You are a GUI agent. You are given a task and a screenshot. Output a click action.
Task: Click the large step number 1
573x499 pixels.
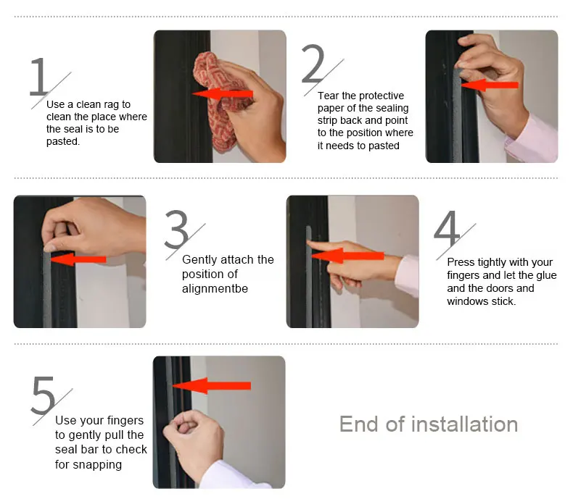pyautogui.click(x=38, y=77)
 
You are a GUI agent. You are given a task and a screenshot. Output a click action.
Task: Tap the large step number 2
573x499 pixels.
pyautogui.click(x=313, y=63)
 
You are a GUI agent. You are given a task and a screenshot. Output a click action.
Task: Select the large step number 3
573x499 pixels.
pyautogui.click(x=176, y=229)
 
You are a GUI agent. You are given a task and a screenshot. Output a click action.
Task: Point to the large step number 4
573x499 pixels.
pyautogui.click(x=447, y=229)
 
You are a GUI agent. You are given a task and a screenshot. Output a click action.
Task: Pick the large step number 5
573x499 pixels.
pyautogui.click(x=43, y=395)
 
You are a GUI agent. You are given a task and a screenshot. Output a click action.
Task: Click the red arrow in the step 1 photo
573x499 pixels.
pyautogui.click(x=223, y=94)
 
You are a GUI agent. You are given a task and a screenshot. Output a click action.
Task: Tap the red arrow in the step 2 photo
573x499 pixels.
pyautogui.click(x=490, y=85)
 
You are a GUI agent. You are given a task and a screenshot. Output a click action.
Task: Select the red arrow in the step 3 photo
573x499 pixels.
pyautogui.click(x=78, y=259)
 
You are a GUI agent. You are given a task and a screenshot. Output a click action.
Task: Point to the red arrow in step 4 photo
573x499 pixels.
pyautogui.click(x=348, y=256)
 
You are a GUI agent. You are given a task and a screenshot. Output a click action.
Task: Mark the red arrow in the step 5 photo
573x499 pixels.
pyautogui.click(x=212, y=385)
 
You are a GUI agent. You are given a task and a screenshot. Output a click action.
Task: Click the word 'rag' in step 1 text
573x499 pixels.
pyautogui.click(x=112, y=105)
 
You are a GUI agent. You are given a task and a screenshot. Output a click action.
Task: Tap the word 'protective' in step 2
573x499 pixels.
pyautogui.click(x=382, y=96)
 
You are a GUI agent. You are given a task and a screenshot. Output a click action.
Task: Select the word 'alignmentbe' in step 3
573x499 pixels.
pyautogui.click(x=215, y=288)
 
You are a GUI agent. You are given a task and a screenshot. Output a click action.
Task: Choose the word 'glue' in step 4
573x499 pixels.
pyautogui.click(x=546, y=275)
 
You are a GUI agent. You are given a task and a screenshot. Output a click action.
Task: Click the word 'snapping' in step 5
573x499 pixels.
pyautogui.click(x=97, y=465)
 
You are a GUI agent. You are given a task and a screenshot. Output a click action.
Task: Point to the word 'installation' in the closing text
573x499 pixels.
pyautogui.click(x=464, y=424)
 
